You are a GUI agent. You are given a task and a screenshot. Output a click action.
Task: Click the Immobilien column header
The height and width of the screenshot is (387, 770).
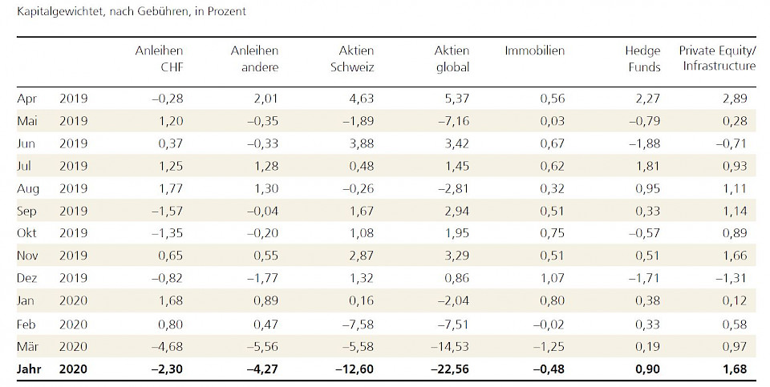point(534,50)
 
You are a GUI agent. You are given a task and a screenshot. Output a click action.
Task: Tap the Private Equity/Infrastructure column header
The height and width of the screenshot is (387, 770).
point(717,58)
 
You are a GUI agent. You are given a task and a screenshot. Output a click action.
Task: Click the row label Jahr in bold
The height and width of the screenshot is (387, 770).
point(30,369)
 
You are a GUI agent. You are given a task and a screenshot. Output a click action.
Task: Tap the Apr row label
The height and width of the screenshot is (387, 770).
point(27,99)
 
